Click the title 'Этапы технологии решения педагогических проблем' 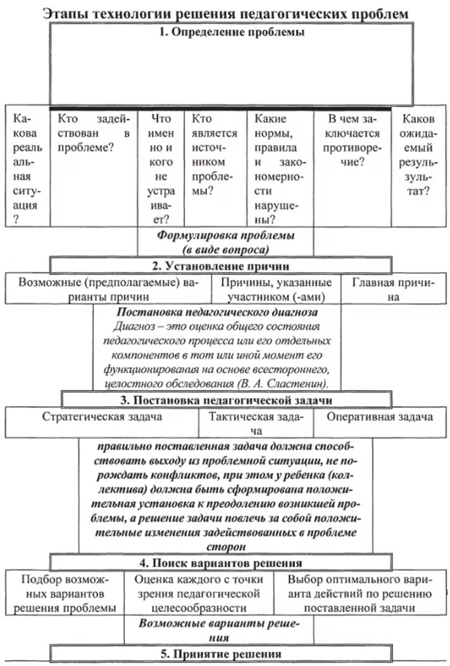coord(225,13)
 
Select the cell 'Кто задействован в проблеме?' coord(93,133)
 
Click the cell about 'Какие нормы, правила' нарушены coord(278,169)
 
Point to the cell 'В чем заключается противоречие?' coord(353,140)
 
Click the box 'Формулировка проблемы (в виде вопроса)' coord(225,241)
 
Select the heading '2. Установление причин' coord(225,266)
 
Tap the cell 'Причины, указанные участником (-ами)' coord(277,288)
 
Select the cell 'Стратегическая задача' coord(102,417)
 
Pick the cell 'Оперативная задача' coord(380,417)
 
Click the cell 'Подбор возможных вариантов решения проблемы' coord(65,594)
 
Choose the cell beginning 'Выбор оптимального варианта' coord(359,594)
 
